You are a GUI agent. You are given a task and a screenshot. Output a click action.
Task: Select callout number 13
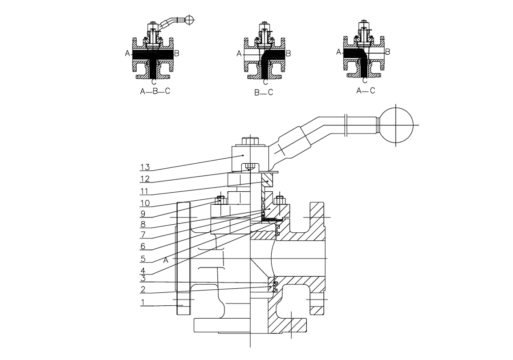pos(145,167)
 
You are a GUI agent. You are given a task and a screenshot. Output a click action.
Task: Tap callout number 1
pos(142,302)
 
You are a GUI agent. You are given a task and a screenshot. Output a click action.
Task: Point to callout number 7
pos(142,235)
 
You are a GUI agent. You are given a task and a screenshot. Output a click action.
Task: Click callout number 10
pos(145,203)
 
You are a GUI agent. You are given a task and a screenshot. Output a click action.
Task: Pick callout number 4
pos(143,271)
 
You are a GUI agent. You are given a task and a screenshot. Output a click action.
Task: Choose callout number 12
pos(145,179)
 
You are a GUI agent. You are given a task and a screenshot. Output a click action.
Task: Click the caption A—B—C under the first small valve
pos(155,91)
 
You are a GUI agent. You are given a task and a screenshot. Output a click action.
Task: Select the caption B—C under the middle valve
pos(264,93)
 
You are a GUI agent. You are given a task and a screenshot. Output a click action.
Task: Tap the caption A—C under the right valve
pos(366,91)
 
